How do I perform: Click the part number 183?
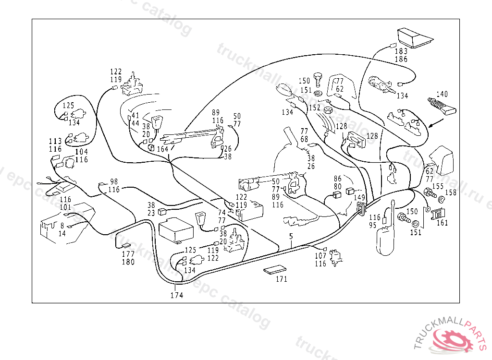pyautogui.click(x=401, y=51)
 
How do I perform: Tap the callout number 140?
pyautogui.click(x=442, y=94)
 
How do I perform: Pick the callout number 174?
pyautogui.click(x=177, y=295)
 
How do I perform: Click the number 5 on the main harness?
pyautogui.click(x=291, y=236)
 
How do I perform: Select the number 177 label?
pyautogui.click(x=128, y=254)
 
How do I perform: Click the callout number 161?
pyautogui.click(x=442, y=223)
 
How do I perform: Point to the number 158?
pyautogui.click(x=451, y=193)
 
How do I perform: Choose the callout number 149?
pyautogui.click(x=359, y=197)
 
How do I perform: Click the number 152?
pyautogui.click(x=315, y=108)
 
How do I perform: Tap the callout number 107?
pyautogui.click(x=320, y=256)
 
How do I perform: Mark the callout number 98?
pyautogui.click(x=114, y=181)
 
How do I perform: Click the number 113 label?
pyautogui.click(x=55, y=142)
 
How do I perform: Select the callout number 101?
pyautogui.click(x=65, y=207)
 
